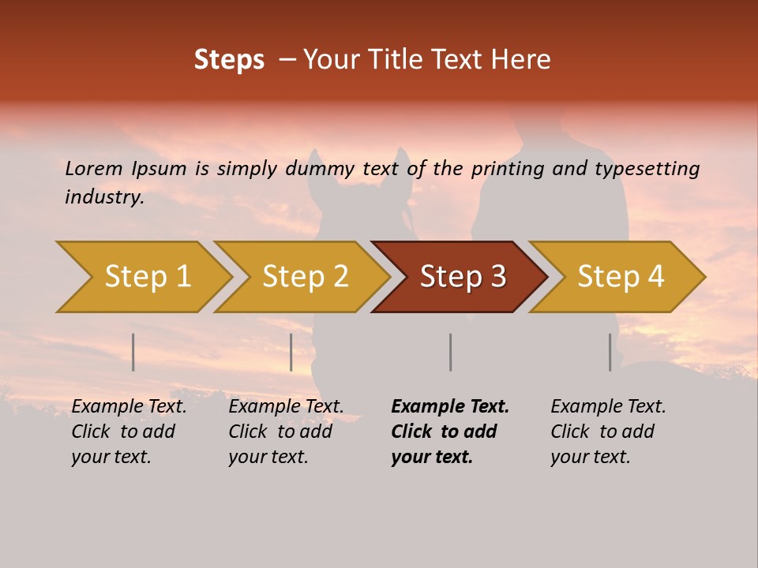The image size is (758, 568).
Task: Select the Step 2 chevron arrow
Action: pos(305,277)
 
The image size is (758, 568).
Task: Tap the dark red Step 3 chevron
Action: pos(463,277)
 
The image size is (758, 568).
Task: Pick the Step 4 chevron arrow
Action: pos(621,277)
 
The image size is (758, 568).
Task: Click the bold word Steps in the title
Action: pos(229,60)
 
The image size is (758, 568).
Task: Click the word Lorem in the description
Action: pos(94,168)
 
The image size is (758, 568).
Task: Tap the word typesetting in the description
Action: pos(647,169)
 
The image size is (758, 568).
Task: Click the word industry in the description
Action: pos(104,197)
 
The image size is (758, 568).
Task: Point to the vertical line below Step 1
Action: pos(133,352)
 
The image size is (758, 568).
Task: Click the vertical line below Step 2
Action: pos(291,352)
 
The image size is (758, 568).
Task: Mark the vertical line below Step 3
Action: pos(450,352)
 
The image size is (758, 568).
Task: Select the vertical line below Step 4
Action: pos(610,352)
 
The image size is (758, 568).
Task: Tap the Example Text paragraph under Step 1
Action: pos(129,432)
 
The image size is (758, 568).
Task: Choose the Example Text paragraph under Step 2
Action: pos(286,432)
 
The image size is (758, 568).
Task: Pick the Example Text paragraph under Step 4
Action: pos(608,432)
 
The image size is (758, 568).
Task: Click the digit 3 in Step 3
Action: pos(497,277)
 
